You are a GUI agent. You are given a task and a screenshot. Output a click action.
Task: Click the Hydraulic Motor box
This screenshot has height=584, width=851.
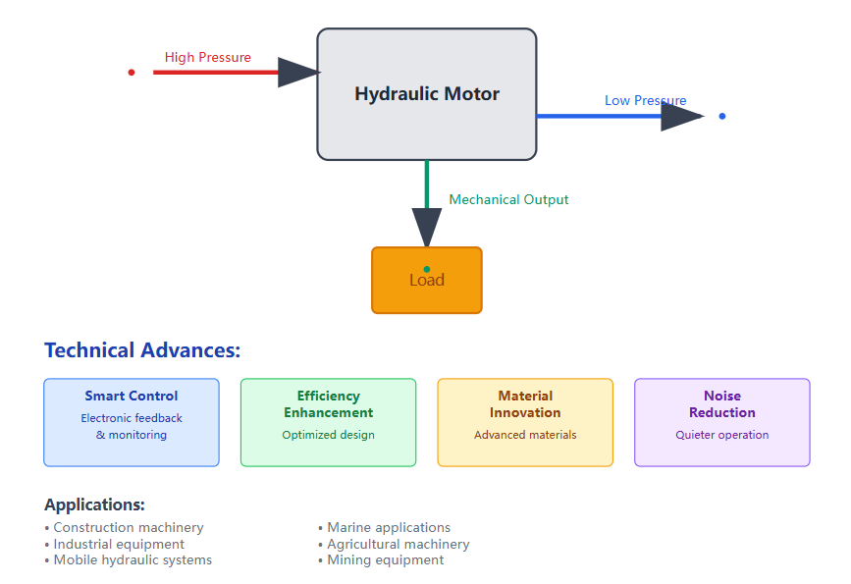point(426,94)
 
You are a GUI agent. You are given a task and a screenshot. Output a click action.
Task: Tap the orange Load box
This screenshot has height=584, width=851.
point(427,281)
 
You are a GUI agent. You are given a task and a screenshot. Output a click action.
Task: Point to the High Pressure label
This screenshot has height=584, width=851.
point(207,57)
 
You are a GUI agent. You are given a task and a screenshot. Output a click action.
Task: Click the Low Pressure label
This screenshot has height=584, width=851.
point(645,100)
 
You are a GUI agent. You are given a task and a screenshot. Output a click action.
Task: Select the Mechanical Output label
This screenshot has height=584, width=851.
point(508,199)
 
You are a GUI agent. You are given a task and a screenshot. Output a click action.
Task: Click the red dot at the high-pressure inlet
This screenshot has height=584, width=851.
point(132,72)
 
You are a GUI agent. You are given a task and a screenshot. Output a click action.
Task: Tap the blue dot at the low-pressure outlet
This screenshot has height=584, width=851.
point(722,116)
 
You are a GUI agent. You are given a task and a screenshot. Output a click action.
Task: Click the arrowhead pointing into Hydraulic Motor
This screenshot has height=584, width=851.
point(297,72)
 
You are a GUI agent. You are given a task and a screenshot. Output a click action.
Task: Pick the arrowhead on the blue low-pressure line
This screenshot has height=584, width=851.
point(680,116)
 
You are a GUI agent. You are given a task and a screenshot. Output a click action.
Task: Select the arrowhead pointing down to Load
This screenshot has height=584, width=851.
point(427,228)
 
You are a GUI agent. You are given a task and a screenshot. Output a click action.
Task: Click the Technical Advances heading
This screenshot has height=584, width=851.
point(142,350)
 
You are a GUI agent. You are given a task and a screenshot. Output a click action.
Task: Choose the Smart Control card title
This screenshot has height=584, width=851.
point(132,397)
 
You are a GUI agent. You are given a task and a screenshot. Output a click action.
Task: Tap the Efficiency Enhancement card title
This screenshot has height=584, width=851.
point(329,404)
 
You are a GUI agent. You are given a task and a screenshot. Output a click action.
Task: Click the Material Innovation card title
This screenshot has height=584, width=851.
point(525,404)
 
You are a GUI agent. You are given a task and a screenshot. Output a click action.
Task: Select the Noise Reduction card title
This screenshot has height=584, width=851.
point(722,404)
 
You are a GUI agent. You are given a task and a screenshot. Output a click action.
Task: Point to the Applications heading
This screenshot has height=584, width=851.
point(94,504)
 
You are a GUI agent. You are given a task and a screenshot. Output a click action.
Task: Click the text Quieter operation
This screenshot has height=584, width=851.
point(722,435)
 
